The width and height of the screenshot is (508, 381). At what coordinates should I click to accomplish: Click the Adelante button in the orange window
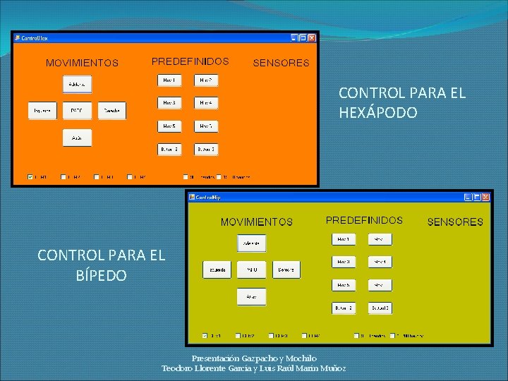(x=76, y=84)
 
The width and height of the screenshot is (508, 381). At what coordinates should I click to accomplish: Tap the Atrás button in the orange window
(x=76, y=138)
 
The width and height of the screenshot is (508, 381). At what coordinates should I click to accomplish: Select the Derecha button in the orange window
(x=111, y=111)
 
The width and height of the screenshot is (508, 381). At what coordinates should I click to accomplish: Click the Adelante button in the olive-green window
(x=251, y=243)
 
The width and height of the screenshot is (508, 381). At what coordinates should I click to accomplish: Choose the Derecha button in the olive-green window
(x=286, y=270)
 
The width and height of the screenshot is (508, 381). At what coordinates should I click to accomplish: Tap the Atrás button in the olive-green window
(x=251, y=297)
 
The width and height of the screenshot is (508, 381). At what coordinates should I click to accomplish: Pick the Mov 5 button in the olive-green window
(x=343, y=285)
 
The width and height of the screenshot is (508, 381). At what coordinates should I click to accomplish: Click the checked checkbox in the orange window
(x=30, y=177)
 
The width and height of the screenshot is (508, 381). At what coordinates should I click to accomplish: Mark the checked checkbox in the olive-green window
(x=205, y=336)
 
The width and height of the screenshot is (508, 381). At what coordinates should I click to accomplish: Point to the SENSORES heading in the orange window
(x=281, y=63)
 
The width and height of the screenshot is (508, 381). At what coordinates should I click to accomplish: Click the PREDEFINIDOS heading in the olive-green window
(x=364, y=220)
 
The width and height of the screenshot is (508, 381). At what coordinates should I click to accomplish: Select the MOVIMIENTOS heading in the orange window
(x=82, y=63)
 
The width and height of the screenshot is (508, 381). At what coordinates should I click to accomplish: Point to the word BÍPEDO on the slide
(x=101, y=275)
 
